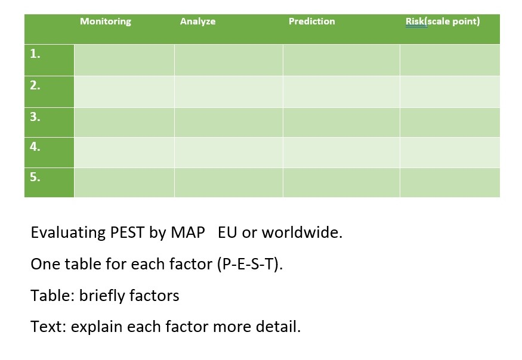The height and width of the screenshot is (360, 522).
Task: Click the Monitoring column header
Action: (x=106, y=21)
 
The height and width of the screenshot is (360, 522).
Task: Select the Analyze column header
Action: (x=197, y=21)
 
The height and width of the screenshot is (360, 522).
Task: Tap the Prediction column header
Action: (x=311, y=21)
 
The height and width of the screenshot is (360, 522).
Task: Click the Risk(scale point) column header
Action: (x=442, y=21)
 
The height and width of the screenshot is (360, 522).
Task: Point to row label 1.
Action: (x=35, y=54)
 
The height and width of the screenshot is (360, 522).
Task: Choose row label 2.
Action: (x=35, y=85)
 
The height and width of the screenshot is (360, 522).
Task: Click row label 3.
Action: (x=35, y=117)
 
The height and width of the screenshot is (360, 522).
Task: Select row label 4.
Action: (x=35, y=147)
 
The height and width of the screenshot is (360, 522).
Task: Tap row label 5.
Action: (x=35, y=177)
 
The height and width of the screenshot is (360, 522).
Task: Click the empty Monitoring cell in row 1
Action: (x=124, y=60)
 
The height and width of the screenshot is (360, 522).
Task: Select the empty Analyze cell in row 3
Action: (x=228, y=122)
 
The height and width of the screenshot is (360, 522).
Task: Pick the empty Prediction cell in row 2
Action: (x=341, y=91)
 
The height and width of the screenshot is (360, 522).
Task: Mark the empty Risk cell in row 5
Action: (x=450, y=182)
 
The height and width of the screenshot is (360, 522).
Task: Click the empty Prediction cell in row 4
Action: (x=341, y=152)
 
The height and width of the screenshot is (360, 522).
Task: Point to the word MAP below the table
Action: (x=187, y=232)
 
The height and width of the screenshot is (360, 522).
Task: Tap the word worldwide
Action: (x=302, y=232)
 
